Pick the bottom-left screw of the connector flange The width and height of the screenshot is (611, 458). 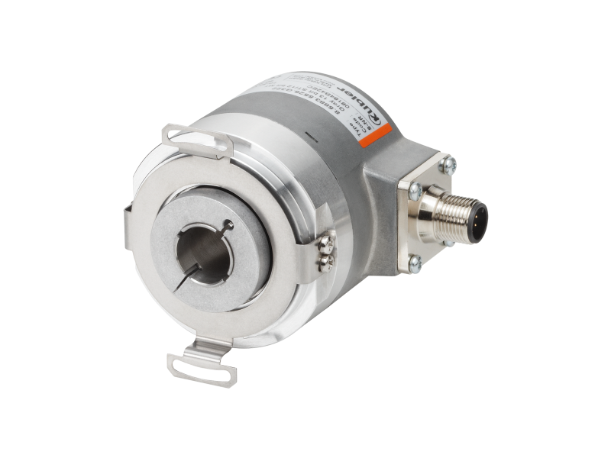tap(415, 264)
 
